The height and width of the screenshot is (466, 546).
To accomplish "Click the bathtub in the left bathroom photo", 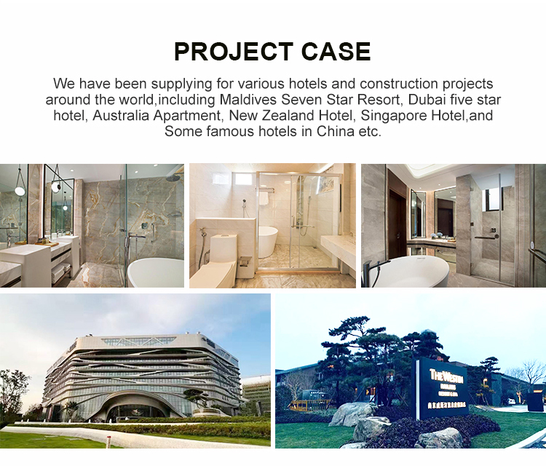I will (x=156, y=272).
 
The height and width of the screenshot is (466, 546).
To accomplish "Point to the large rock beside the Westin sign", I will (x=353, y=414).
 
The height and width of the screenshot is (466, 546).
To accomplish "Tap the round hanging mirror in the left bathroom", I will (x=20, y=190).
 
